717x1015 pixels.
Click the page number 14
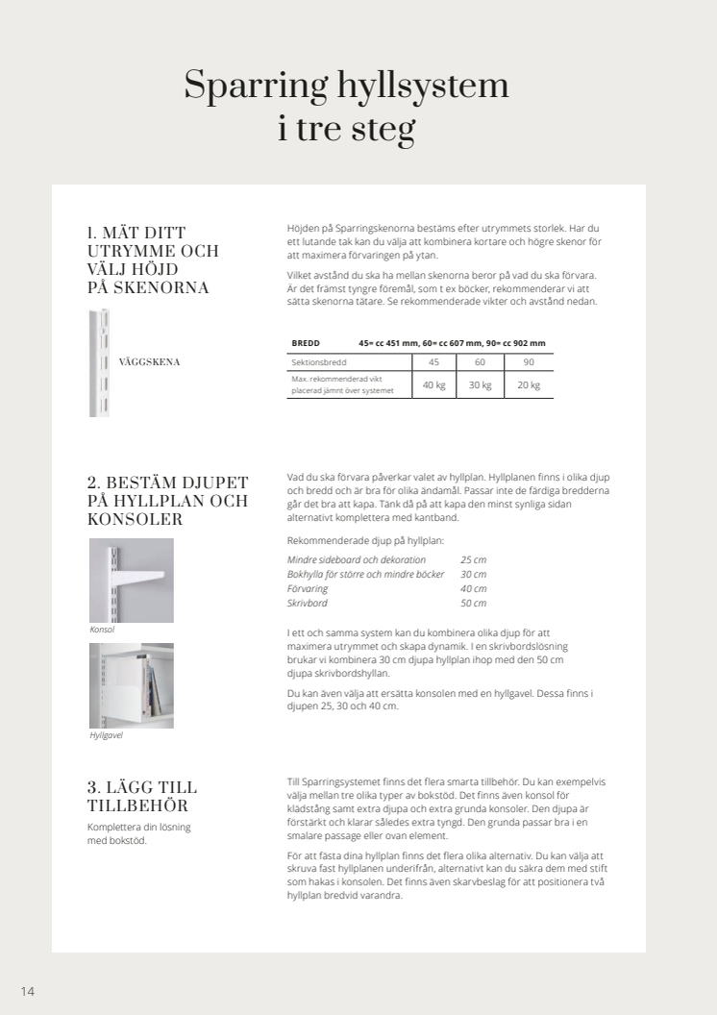point(28,991)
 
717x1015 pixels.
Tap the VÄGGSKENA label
point(149,362)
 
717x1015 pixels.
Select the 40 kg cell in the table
point(434,385)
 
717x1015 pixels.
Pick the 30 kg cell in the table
point(480,385)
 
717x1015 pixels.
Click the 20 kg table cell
point(529,385)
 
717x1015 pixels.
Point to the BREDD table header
point(306,343)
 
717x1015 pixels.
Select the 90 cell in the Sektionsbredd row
point(529,362)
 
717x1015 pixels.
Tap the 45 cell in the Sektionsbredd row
point(434,362)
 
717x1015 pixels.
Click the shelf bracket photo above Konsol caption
point(132,580)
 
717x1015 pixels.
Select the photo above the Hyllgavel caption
point(132,685)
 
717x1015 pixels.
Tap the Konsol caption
point(102,630)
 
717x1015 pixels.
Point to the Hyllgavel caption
point(106,735)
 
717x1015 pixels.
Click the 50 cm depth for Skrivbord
point(473,603)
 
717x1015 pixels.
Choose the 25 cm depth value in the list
point(473,559)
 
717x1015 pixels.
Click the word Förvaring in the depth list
point(308,588)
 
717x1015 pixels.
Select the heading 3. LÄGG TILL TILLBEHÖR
point(142,796)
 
